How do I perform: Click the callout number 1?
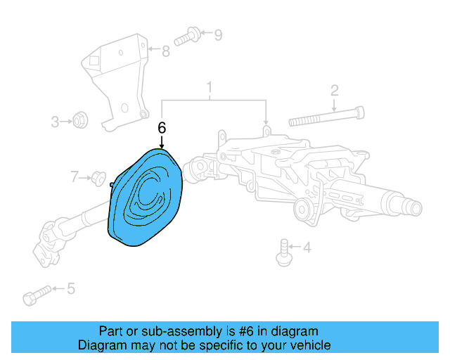pyautogui.click(x=209, y=88)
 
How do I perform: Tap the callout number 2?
pyautogui.click(x=335, y=90)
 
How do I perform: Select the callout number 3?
pyautogui.click(x=56, y=122)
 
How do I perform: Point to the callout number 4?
pyautogui.click(x=307, y=247)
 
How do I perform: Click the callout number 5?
pyautogui.click(x=70, y=288)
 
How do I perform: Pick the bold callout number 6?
pyautogui.click(x=162, y=128)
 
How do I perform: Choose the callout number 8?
pyautogui.click(x=166, y=51)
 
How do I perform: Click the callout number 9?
pyautogui.click(x=217, y=34)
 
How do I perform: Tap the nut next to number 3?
pyautogui.click(x=81, y=121)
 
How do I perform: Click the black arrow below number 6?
pyautogui.click(x=162, y=141)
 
